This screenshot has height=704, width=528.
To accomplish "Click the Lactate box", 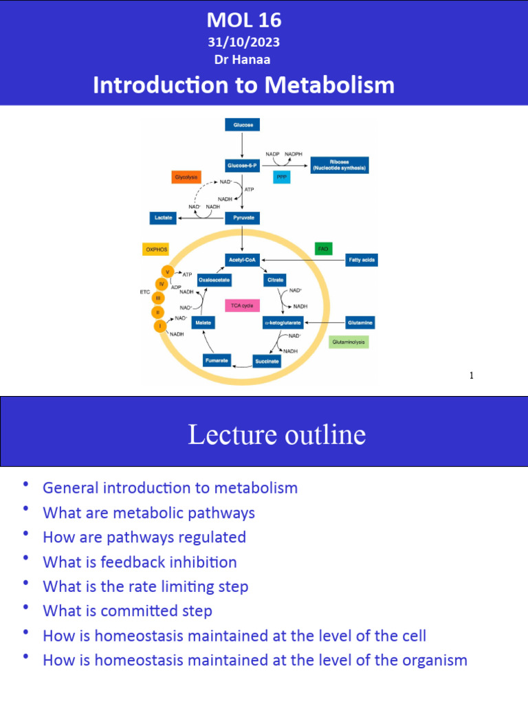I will click(x=162, y=218).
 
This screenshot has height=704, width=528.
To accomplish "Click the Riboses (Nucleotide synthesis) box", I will click(x=339, y=165).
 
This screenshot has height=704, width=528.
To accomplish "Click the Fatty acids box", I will click(x=361, y=260).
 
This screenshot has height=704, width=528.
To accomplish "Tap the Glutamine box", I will click(x=360, y=322).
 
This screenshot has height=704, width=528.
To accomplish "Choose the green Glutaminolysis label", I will click(x=349, y=341).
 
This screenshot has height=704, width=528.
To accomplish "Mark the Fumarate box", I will click(x=217, y=360).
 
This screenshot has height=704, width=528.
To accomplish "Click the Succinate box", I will click(x=267, y=360).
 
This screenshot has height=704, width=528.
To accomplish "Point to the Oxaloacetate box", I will click(x=214, y=280).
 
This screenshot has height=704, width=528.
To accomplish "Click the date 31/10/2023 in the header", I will click(x=244, y=43).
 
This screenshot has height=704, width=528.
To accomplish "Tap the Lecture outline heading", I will click(x=276, y=435).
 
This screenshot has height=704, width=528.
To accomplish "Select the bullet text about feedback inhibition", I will click(x=140, y=562).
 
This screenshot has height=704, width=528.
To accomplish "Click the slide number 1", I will click(x=472, y=375).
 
